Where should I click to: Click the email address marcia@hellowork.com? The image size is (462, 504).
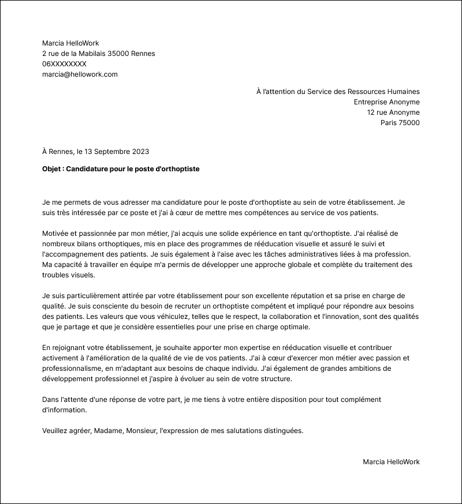point(80,74)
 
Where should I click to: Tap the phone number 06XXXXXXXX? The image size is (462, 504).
point(64,64)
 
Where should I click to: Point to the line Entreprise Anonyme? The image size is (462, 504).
point(386,102)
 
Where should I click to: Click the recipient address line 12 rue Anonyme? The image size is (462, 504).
point(393,112)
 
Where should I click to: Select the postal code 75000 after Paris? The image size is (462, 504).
point(409,123)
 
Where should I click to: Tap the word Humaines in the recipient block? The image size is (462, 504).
point(403,92)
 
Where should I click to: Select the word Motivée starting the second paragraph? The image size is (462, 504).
point(55,234)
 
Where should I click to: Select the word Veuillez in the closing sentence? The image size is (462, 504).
point(56,431)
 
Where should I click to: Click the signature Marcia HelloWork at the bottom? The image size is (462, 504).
point(391,462)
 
